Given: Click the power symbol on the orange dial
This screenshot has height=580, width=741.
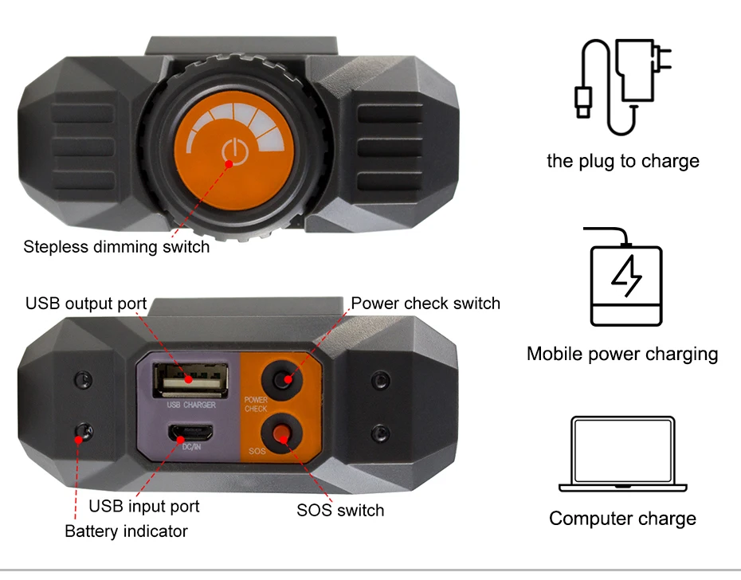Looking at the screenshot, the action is coord(235,152).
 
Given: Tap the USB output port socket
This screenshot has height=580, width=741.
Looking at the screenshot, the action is coord(190,379).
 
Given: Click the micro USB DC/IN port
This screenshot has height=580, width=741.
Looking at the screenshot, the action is coord(191,432).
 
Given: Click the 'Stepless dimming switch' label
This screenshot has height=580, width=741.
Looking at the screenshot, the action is coord(116,247).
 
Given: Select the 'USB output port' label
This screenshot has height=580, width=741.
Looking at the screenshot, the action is coord(86,304).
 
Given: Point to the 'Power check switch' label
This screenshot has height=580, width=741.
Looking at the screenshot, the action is coord(425,304).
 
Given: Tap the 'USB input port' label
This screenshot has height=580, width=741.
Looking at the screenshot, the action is coord(143,506).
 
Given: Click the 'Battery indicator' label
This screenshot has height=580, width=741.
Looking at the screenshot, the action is coord(126,531).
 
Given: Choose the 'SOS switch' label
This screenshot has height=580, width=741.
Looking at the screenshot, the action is coord(340,511).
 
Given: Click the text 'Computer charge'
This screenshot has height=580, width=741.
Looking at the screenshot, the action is coord(622,519).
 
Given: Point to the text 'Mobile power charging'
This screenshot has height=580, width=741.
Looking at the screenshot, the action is coord(622,354).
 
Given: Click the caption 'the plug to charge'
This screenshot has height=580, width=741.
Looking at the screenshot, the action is coord(623,161).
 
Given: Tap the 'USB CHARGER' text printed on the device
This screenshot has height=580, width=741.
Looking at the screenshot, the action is coord(191,405).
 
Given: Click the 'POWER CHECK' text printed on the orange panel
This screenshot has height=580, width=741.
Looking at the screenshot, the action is coord(256,404).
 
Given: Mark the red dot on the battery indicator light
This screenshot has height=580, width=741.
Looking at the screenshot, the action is coord(78,440).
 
